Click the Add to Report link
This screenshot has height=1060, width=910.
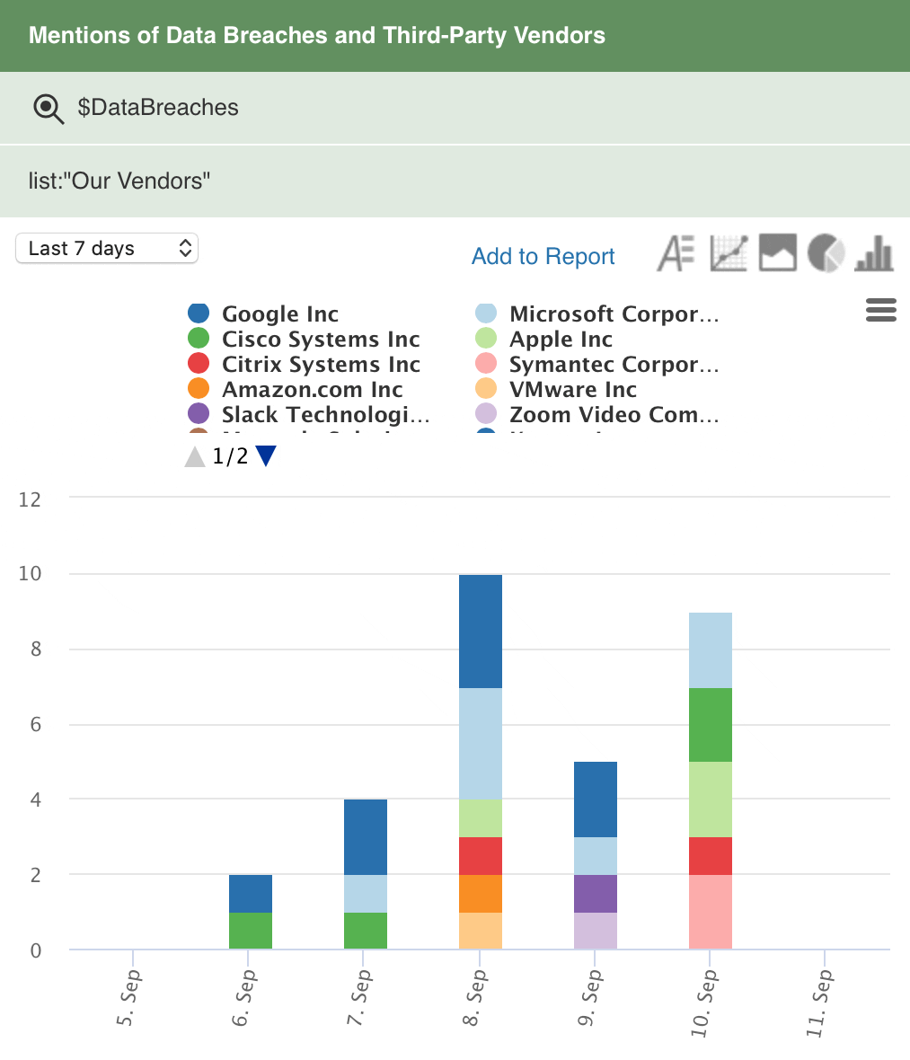point(543,256)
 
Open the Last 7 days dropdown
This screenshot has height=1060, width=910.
point(107,249)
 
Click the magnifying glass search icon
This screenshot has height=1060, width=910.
point(48,109)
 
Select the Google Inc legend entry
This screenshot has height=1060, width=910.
point(279,314)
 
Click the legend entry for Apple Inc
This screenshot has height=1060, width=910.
point(560,340)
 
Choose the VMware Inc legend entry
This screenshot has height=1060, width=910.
point(572,390)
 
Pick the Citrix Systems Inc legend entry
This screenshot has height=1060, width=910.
point(320,365)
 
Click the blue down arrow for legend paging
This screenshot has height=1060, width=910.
point(266,456)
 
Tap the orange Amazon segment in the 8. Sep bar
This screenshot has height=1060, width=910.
point(480,893)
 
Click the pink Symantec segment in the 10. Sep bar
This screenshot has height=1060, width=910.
point(710,911)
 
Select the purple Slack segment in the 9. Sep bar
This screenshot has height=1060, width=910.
point(595,893)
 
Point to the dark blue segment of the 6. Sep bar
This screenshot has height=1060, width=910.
point(250,893)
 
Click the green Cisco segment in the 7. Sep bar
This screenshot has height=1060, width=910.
point(365,931)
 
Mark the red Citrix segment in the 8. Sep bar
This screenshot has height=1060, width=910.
point(480,855)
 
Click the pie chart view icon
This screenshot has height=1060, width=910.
point(826,253)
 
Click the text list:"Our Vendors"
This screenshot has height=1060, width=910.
point(119,181)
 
